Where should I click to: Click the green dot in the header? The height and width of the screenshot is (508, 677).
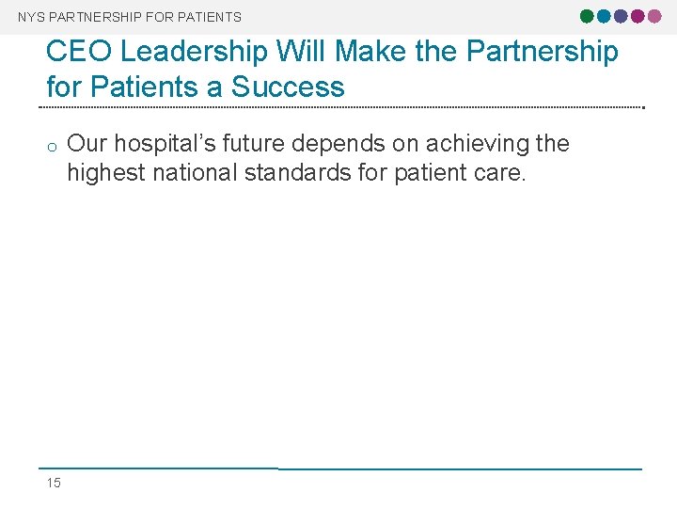(x=587, y=16)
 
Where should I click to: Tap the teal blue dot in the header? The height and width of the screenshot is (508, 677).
(x=604, y=16)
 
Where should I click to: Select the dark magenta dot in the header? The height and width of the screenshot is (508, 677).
(x=638, y=16)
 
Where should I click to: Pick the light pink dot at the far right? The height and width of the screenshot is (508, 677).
(x=654, y=16)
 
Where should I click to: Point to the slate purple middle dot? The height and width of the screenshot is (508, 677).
(x=621, y=16)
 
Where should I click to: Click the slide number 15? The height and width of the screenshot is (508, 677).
(x=54, y=483)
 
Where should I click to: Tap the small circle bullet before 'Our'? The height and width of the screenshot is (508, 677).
(x=53, y=146)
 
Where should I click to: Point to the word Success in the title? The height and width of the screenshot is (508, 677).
(x=288, y=87)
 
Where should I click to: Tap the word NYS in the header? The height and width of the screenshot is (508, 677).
(x=31, y=17)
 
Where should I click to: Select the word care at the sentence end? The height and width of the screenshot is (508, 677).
(x=498, y=173)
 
